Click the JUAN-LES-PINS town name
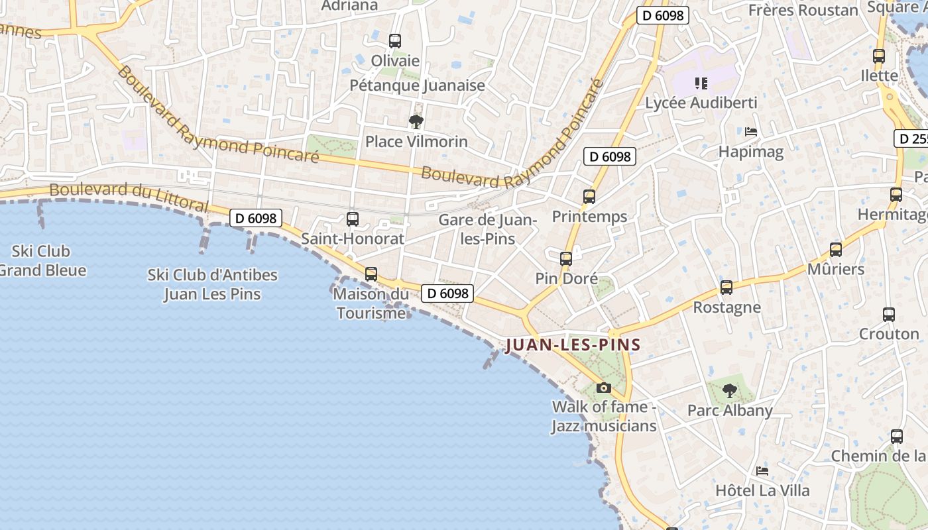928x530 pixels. point(573,345)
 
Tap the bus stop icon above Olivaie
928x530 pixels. point(395,41)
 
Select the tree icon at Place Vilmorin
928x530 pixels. point(416,122)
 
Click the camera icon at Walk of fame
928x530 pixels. point(603,388)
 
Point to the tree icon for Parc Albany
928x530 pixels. point(730,391)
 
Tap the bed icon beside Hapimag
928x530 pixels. point(751,132)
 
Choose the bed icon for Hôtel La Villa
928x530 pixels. point(762,471)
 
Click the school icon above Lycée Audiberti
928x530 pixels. point(701,83)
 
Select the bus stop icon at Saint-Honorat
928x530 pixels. point(353,219)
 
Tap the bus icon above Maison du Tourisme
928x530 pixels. point(371,274)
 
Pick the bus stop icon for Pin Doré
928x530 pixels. point(566,259)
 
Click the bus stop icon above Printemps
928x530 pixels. point(589,197)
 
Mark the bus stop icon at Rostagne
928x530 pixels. point(726,288)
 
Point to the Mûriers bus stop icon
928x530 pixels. point(836,250)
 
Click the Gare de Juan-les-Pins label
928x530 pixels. point(487,229)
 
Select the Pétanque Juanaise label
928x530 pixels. point(418,85)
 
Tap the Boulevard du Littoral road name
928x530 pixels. point(129,197)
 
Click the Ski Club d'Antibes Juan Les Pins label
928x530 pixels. point(212,284)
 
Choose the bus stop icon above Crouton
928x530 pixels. point(889,315)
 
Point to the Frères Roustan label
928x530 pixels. point(803,10)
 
